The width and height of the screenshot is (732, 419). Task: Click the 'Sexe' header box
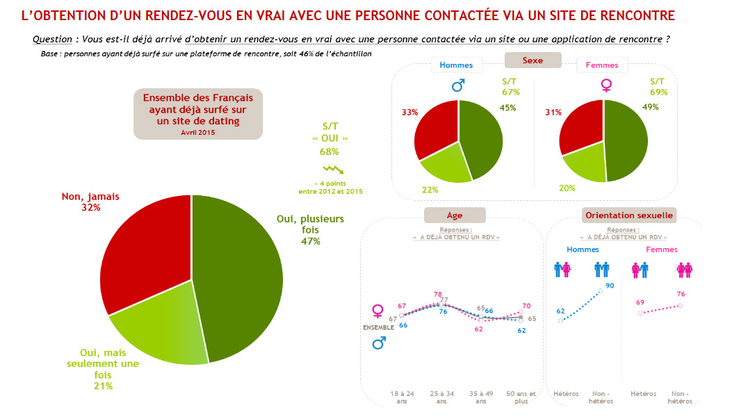point(532,60)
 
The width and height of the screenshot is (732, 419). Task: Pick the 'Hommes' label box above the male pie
point(456,65)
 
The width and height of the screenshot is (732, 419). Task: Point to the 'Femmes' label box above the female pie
point(602,65)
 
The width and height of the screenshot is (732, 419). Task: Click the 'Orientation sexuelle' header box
point(629,215)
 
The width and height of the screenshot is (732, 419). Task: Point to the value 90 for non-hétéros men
point(610,286)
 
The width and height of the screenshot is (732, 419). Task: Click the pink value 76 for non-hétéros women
point(680,294)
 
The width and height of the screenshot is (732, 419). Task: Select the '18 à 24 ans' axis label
point(402,397)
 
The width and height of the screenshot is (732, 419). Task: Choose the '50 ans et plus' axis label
point(521,397)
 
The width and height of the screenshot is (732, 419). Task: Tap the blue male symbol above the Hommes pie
point(457,85)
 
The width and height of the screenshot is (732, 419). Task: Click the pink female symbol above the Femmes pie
point(606,85)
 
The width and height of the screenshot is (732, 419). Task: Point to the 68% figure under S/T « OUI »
point(330,151)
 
